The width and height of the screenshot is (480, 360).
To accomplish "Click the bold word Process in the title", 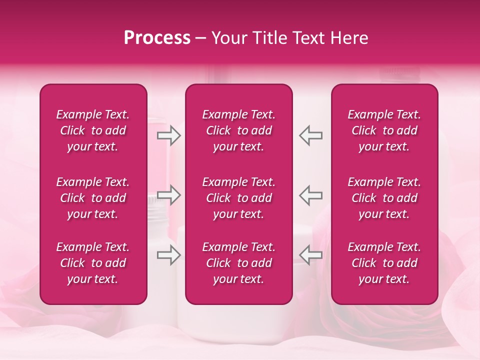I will (157, 38).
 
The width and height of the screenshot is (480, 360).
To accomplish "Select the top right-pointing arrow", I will (169, 135).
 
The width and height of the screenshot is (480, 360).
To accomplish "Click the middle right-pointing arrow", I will (169, 195).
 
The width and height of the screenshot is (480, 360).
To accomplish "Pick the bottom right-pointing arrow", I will (169, 255).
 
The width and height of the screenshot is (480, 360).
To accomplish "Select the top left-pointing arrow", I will (311, 135).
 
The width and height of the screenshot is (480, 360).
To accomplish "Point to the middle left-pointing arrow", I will (311, 195).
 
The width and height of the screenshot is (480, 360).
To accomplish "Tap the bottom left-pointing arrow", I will (311, 255).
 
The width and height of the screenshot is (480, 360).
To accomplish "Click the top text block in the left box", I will (93, 130).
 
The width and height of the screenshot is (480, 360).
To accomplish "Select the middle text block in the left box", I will (93, 198).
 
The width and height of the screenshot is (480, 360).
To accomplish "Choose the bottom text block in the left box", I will (93, 263).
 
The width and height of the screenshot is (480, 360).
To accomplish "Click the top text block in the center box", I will (238, 130).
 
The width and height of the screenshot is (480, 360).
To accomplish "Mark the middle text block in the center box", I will (238, 198).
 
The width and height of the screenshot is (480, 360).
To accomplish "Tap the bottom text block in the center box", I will (238, 263).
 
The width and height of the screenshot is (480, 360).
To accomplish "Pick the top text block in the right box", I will (384, 130).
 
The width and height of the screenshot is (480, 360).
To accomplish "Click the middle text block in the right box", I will (384, 198).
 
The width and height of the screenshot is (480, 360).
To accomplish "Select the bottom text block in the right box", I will (384, 263).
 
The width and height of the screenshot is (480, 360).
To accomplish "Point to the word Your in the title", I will (229, 38).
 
